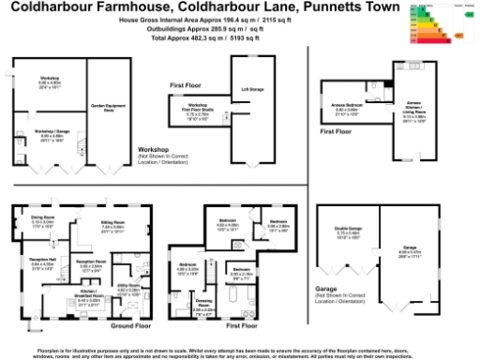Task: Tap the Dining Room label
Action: [45, 222]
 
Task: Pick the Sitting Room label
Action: [112, 223]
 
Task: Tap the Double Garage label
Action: [349, 232]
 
